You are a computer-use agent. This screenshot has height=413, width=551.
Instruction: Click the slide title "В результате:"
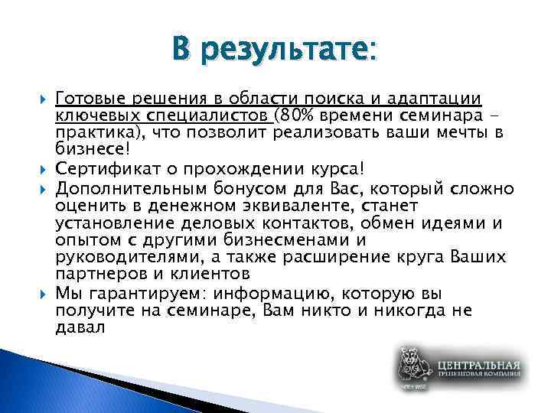(x=275, y=51)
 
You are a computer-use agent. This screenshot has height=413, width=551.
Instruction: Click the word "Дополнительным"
(x=120, y=186)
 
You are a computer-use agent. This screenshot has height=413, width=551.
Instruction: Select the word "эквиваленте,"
(x=269, y=204)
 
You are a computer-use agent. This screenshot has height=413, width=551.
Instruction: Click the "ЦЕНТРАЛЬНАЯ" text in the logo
(x=478, y=364)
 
